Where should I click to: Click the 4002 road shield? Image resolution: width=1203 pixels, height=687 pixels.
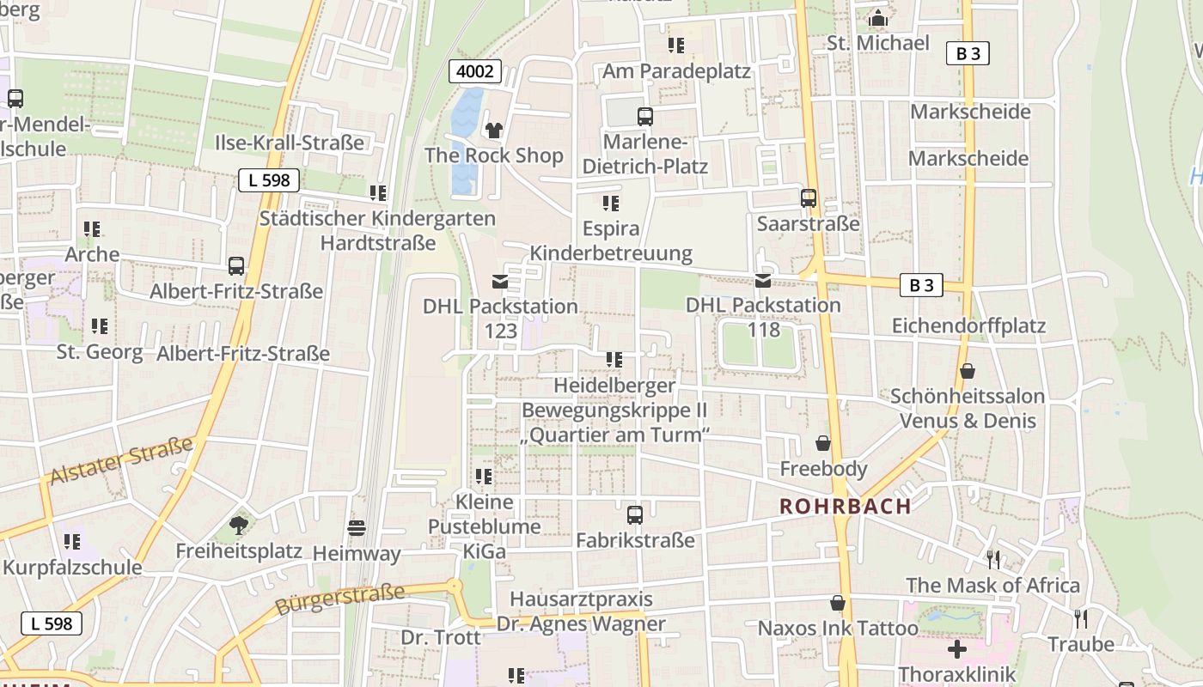[x=475, y=71]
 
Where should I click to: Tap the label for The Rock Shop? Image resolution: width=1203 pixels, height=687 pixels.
[x=494, y=155]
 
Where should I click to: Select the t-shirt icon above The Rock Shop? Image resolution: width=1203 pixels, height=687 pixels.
[x=494, y=131]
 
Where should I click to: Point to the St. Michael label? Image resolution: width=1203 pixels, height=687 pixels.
[x=877, y=43]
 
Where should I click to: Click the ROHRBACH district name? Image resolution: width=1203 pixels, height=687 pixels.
[x=845, y=506]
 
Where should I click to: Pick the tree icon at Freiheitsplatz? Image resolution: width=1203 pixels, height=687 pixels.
[x=239, y=525]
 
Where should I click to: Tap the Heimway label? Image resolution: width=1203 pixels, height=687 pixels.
[x=357, y=554]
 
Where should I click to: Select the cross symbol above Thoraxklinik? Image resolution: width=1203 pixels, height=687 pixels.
[x=956, y=649]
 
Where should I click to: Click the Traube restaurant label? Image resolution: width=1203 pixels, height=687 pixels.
[x=1080, y=644]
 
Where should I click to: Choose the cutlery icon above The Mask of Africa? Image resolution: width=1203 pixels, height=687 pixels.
[x=993, y=560]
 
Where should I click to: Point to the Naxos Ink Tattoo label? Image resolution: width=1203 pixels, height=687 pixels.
[x=838, y=628]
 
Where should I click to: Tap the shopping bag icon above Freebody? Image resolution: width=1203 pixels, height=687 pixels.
[x=823, y=444]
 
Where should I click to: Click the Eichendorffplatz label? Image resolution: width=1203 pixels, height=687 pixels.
[x=968, y=325]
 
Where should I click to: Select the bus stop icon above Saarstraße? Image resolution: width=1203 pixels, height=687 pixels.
[x=809, y=198]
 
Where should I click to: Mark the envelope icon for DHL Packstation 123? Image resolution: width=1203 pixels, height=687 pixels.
[x=500, y=281]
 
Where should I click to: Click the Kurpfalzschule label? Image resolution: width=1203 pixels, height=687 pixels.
[x=72, y=568]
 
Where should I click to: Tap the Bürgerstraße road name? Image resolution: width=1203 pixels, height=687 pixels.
[x=339, y=599]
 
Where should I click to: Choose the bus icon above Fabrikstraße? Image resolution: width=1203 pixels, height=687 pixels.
[x=635, y=515]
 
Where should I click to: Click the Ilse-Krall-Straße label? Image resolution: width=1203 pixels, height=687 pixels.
[x=290, y=143]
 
